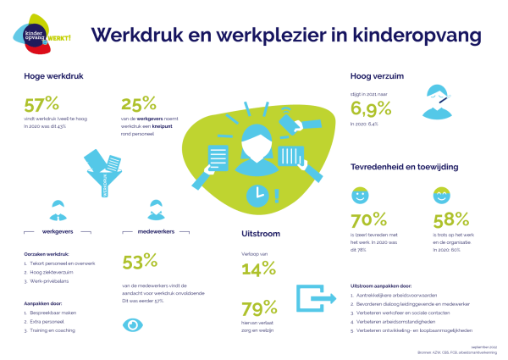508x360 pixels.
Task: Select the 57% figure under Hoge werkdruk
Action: coord(41,105)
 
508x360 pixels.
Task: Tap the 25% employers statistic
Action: coord(139,105)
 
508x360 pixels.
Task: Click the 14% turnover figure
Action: coord(258,269)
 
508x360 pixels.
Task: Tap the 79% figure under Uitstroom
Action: coord(259,307)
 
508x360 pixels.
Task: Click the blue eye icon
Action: coord(133,324)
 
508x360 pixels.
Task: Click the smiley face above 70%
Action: coord(359,196)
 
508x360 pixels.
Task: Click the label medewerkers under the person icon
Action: coord(155,230)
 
